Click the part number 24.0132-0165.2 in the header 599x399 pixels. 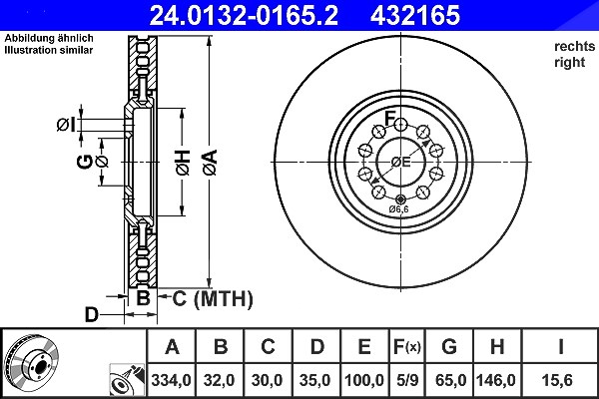(244, 15)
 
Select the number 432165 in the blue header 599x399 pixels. (415, 15)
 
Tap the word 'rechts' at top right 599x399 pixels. (575, 46)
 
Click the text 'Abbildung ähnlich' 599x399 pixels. (49, 38)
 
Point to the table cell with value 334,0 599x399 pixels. (171, 380)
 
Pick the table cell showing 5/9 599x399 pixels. (407, 380)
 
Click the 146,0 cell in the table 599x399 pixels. (497, 380)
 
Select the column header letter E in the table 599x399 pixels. (364, 347)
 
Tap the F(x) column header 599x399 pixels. (407, 347)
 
